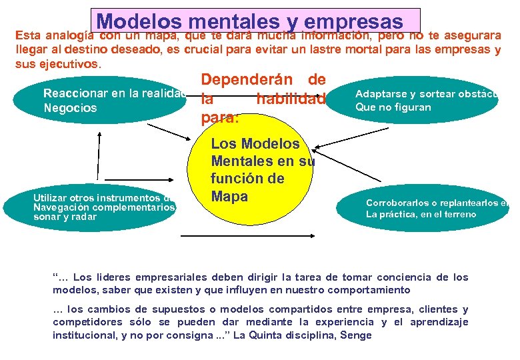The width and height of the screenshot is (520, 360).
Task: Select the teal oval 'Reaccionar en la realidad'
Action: (x=100, y=101)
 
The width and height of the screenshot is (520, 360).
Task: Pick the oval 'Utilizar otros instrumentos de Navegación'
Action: (x=100, y=207)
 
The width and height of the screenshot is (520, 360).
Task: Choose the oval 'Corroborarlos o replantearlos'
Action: (x=423, y=209)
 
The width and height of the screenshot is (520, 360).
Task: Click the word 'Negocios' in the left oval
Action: (x=69, y=108)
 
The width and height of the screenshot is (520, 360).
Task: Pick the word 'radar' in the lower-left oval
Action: (x=85, y=217)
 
